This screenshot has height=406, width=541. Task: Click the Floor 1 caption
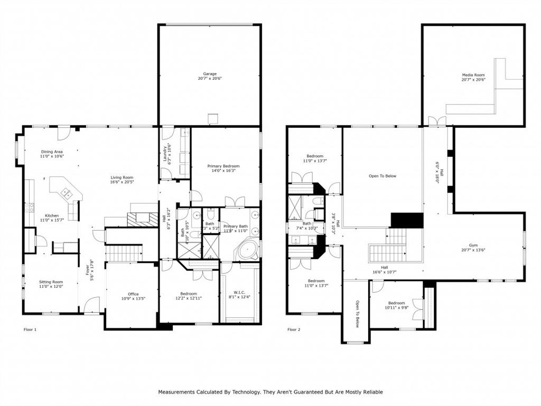point(31,329)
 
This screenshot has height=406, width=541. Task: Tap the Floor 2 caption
point(294,329)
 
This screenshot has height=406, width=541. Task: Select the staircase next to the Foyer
point(124,254)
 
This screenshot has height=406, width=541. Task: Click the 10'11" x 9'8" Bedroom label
point(396,305)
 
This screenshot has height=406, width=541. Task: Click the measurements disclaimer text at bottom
point(270,392)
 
